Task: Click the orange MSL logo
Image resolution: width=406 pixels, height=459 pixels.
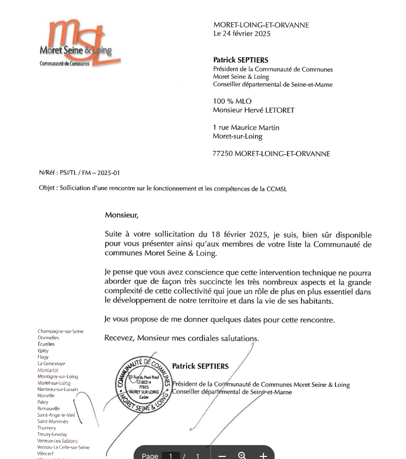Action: pos(77,44)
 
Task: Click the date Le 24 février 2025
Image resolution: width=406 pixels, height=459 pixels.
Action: pos(242,34)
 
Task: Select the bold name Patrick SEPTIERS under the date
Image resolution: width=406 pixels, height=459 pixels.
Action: pos(241,60)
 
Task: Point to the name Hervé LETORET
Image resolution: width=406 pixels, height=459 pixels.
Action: pos(272,110)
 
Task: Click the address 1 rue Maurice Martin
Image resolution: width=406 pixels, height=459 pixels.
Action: pos(246,128)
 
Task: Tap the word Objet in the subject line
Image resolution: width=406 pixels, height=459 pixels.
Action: pos(47,189)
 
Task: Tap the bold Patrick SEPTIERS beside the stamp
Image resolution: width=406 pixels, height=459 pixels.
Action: pos(200,366)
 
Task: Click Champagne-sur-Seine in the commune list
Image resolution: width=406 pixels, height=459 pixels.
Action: pos(60,331)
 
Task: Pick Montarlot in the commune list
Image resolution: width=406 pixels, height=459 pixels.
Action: pos(48,370)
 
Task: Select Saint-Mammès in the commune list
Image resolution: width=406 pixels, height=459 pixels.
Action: pos(53,421)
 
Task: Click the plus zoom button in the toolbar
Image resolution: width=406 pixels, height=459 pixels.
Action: pos(263,455)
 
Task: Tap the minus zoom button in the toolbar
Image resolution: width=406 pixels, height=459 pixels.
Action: pos(222,455)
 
